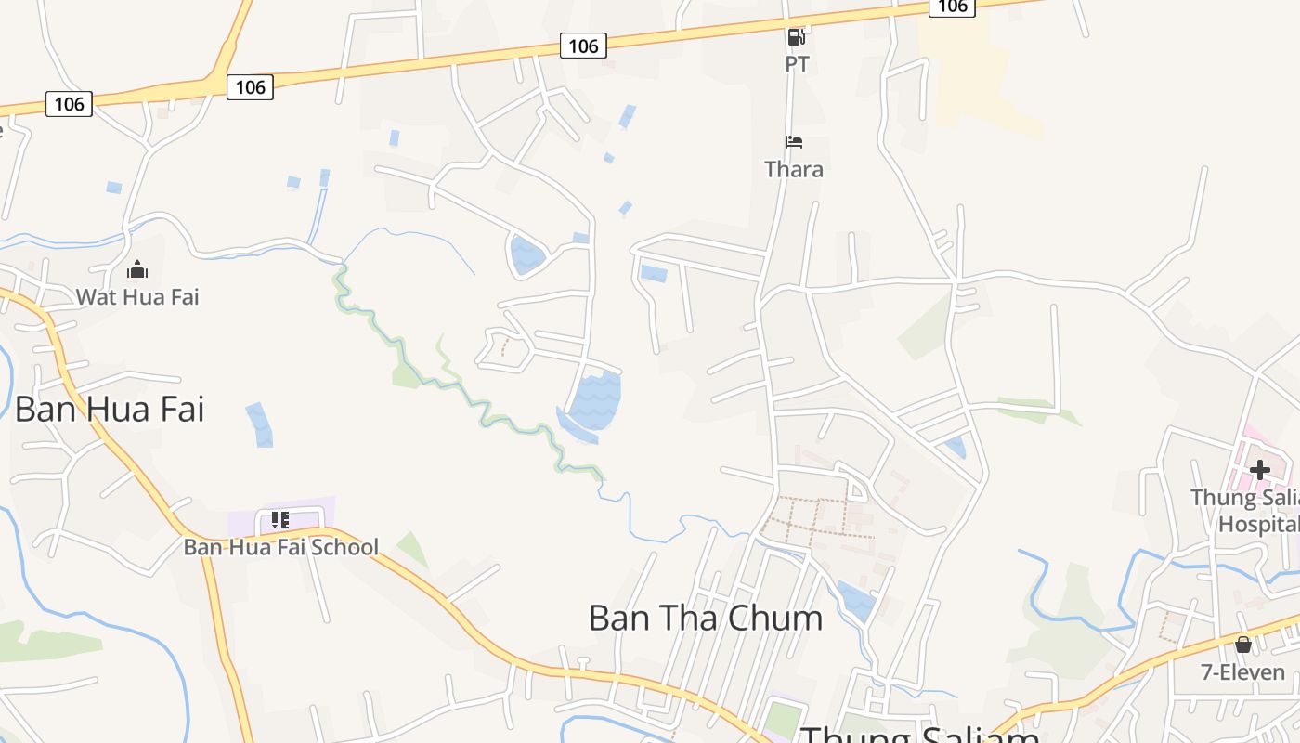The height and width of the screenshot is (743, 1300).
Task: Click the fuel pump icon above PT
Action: click(796, 37)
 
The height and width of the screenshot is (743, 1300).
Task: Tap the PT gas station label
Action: click(797, 64)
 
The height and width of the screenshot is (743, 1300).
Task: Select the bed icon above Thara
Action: click(794, 142)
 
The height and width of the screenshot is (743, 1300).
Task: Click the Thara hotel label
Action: click(794, 169)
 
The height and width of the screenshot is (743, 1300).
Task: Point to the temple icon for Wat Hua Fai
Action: click(137, 269)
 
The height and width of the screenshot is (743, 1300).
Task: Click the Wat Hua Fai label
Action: click(137, 297)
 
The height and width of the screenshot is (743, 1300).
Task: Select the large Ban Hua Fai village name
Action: click(110, 409)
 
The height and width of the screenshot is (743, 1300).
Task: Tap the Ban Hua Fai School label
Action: click(280, 547)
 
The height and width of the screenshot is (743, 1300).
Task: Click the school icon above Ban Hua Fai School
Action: click(280, 520)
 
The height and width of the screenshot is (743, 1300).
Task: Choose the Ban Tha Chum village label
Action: click(706, 618)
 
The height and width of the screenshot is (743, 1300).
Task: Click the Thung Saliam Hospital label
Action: click(1249, 511)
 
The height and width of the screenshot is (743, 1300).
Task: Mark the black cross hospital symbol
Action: click(1259, 469)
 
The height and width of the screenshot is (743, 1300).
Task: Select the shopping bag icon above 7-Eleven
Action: click(1243, 645)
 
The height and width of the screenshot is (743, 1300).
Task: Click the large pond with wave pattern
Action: click(594, 401)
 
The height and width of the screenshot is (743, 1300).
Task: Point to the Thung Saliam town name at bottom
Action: click(919, 734)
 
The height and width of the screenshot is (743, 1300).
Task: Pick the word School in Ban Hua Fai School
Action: click(344, 547)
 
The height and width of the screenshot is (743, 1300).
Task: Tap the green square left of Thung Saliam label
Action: click(783, 722)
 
